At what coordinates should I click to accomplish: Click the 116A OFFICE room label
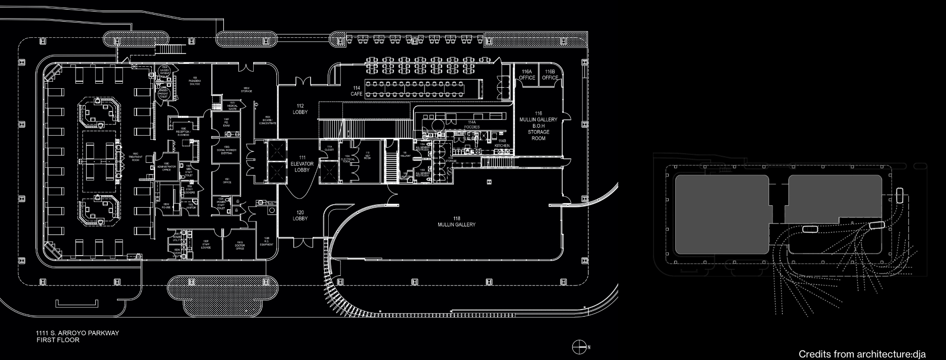coord(527,75)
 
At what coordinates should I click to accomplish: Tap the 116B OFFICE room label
coord(550,75)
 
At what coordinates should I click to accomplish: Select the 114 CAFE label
coord(357,91)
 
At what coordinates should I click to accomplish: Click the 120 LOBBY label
coord(300,216)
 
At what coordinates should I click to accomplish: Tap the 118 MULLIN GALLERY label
coord(456,222)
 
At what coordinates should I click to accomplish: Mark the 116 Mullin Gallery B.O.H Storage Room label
coord(539,126)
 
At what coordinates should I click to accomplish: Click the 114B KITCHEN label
coord(502,143)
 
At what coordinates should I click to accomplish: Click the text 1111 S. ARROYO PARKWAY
coord(77,334)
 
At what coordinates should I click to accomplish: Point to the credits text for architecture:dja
coord(862,354)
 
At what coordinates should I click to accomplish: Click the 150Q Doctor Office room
coord(240,246)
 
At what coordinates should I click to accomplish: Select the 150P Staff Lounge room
coord(206,245)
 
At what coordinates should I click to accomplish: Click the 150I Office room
coord(227,181)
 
